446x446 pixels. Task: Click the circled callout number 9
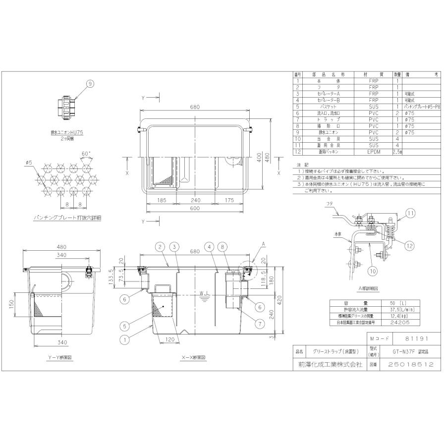[x=90, y=84]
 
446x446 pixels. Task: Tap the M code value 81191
[x=416, y=338]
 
